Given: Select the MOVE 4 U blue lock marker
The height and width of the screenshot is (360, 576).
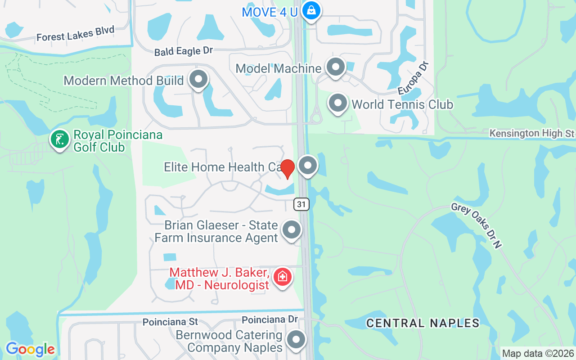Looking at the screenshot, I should pyautogui.click(x=310, y=10).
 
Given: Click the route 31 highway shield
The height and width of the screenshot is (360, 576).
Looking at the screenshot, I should pyautogui.click(x=301, y=204).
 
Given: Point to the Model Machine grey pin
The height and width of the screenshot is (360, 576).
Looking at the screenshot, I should pyautogui.click(x=335, y=67).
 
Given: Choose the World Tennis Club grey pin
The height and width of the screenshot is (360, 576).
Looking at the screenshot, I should pyautogui.click(x=337, y=103).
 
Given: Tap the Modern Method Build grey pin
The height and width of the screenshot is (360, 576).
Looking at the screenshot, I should pyautogui.click(x=198, y=79).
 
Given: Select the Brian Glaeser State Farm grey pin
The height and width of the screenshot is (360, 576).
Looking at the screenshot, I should pyautogui.click(x=292, y=230).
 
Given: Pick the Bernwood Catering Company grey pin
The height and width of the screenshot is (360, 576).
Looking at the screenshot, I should pyautogui.click(x=296, y=340).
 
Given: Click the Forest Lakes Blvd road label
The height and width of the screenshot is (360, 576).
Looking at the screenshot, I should pyautogui.click(x=76, y=34).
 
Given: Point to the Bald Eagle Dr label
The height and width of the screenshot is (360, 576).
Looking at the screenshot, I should pyautogui.click(x=183, y=51).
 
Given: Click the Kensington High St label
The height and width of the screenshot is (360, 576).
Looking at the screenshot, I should pyautogui.click(x=532, y=133).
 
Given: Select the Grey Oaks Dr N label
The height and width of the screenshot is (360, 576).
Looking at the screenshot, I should pyautogui.click(x=476, y=224).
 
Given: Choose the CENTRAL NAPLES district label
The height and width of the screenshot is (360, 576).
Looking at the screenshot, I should pyautogui.click(x=423, y=323).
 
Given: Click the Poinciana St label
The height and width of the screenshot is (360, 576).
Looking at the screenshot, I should pyautogui.click(x=170, y=322).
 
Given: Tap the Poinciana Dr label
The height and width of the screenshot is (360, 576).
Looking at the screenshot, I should pyautogui.click(x=270, y=319).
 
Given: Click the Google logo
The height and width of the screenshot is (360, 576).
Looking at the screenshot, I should pyautogui.click(x=30, y=349).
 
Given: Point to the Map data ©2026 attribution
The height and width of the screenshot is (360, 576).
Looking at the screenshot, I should pyautogui.click(x=538, y=354).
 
